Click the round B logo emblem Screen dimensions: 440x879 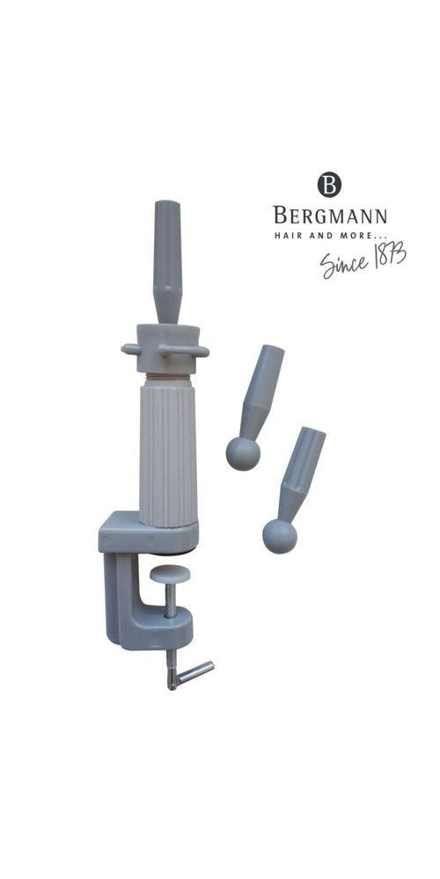[329, 185]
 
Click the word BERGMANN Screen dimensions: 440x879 [330, 215]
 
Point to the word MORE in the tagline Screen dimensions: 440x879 [356, 236]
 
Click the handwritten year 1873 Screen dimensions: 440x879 [389, 254]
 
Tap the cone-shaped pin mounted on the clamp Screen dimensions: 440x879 [168, 262]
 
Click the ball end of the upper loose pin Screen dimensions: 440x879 [243, 454]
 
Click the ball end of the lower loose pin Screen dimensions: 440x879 [280, 536]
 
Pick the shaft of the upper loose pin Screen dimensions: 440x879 [261, 391]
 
